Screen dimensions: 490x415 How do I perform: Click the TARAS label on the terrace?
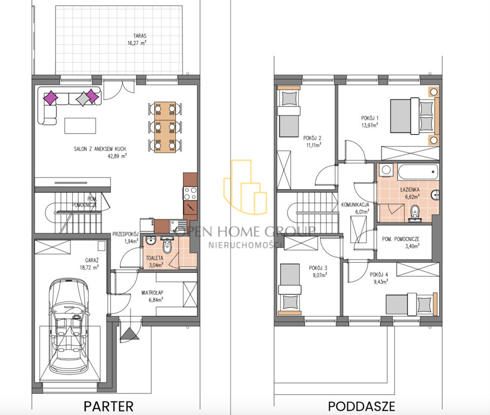pyautogui.click(x=140, y=36)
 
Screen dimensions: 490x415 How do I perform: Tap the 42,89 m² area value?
pyautogui.click(x=117, y=156)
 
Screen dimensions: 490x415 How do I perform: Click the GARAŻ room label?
pyautogui.click(x=92, y=260)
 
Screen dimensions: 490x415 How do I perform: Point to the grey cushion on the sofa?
pyautogui.click(x=83, y=98)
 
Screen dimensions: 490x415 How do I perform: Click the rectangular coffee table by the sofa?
pyautogui.click(x=80, y=126)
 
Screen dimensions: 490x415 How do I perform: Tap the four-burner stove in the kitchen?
pyautogui.click(x=190, y=193)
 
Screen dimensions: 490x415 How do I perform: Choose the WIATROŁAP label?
pyautogui.click(x=152, y=293)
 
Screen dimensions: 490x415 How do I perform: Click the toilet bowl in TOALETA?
pyautogui.click(x=167, y=246)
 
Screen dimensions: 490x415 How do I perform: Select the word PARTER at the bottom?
pyautogui.click(x=108, y=406)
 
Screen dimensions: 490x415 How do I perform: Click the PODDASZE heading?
pyautogui.click(x=362, y=406)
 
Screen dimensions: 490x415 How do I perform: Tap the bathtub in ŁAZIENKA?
pyautogui.click(x=418, y=171)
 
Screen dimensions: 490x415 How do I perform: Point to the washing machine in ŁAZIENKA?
pyautogui.click(x=386, y=170)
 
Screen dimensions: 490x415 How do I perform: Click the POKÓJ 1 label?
pyautogui.click(x=370, y=118)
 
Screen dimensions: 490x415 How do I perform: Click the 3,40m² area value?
pyautogui.click(x=412, y=246)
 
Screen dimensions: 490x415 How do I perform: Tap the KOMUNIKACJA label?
pyautogui.click(x=355, y=205)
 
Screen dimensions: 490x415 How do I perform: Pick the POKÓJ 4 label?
pyautogui.click(x=379, y=275)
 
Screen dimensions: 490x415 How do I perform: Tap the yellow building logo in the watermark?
pyautogui.click(x=245, y=187)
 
